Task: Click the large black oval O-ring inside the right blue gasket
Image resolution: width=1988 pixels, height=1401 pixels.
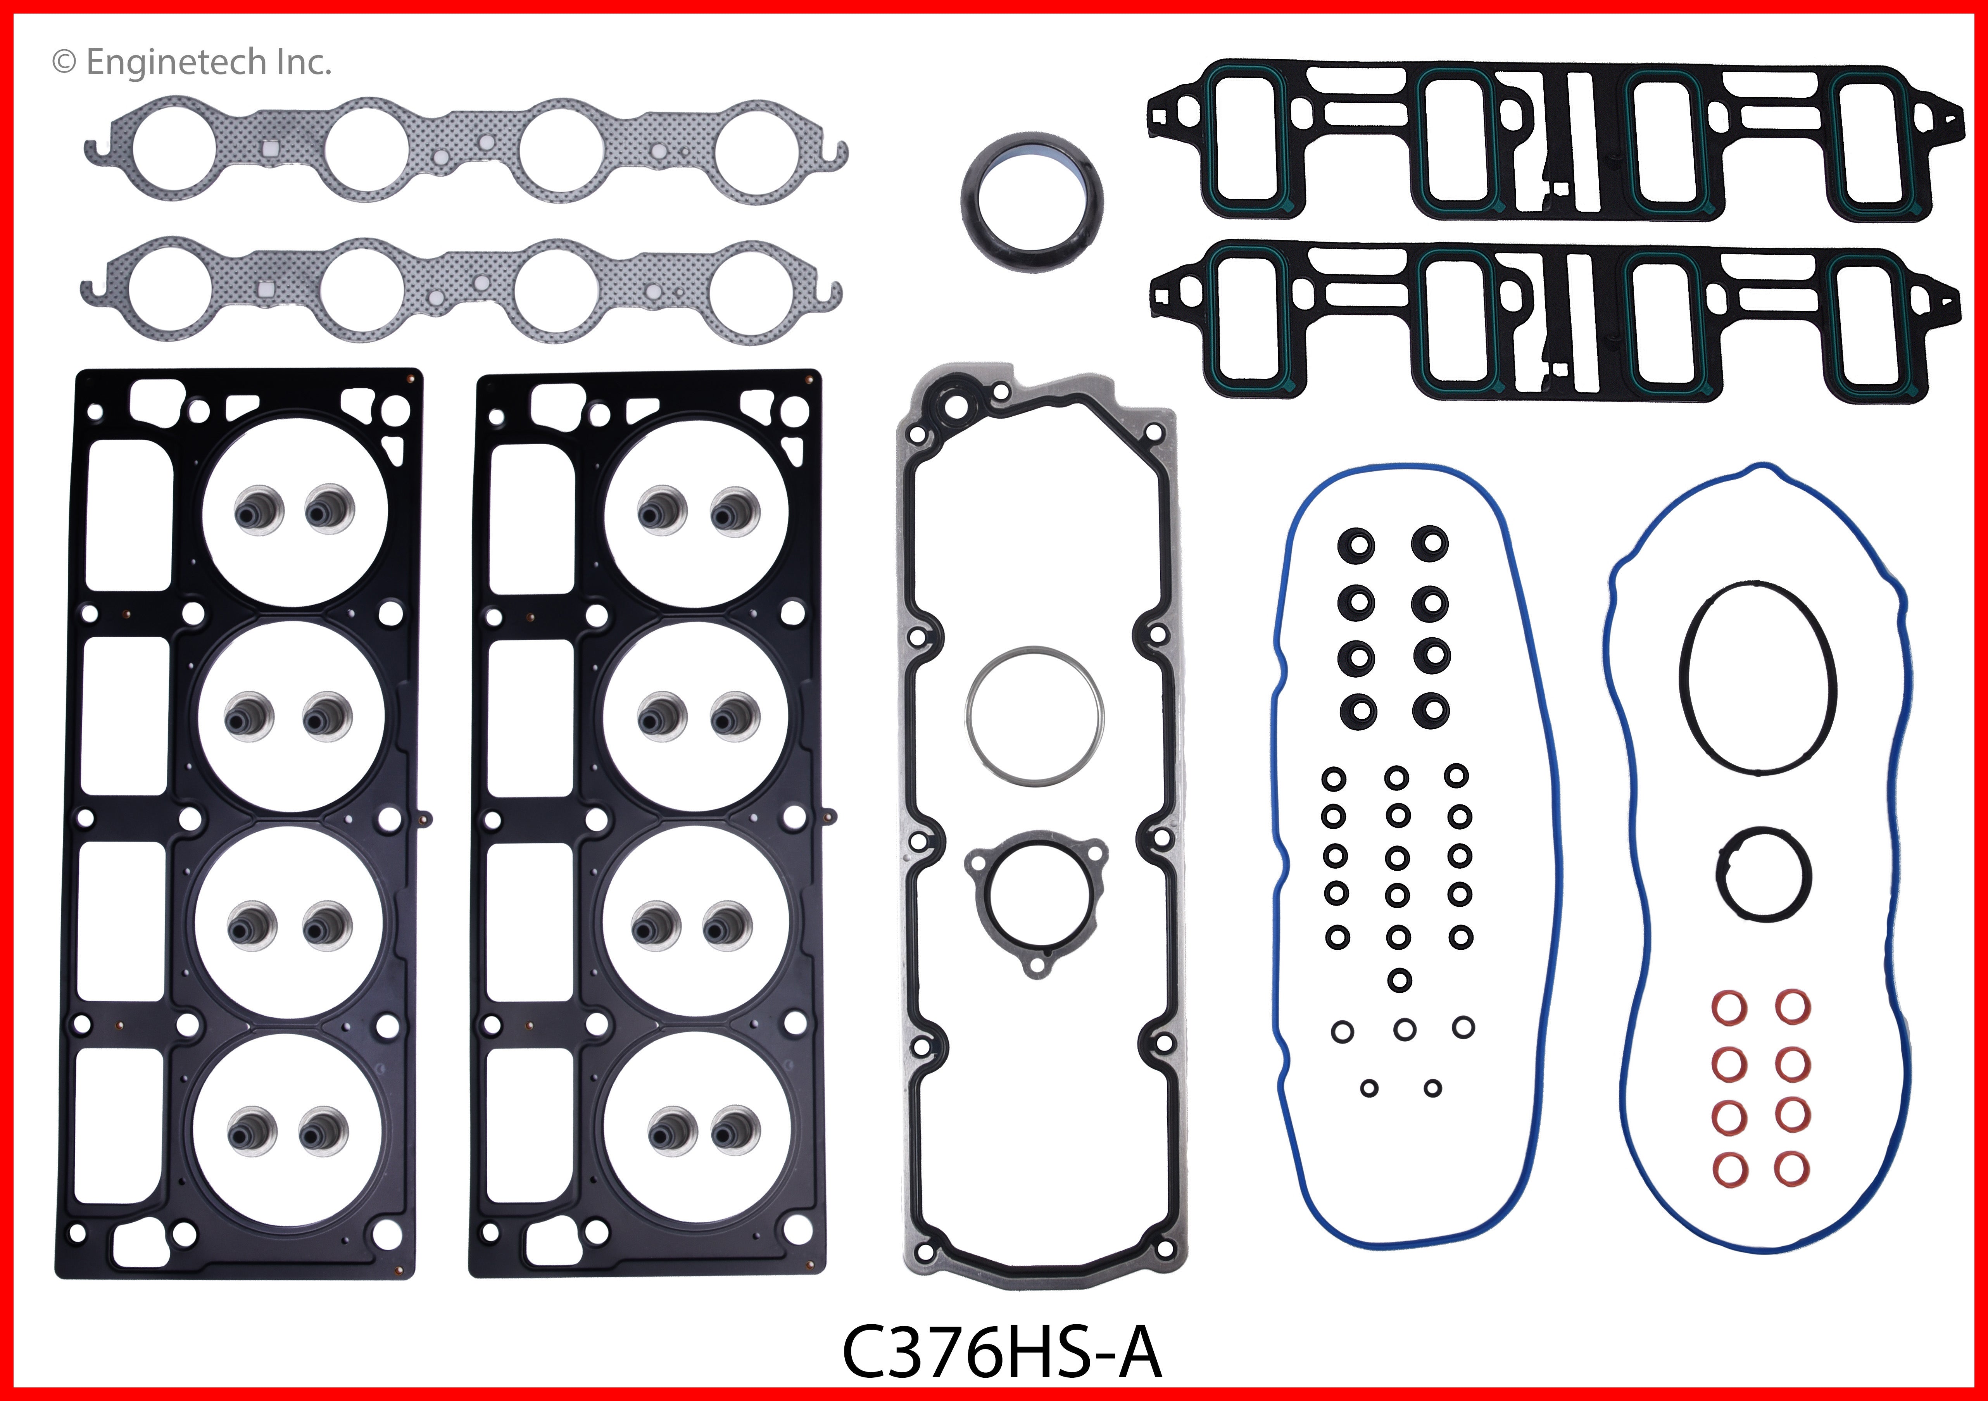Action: [1756, 677]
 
